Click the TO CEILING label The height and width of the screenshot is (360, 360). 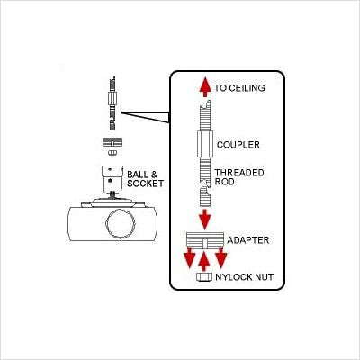[x=239, y=88]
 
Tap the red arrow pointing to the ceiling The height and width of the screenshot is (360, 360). [x=205, y=87]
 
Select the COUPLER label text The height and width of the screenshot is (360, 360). [x=238, y=145]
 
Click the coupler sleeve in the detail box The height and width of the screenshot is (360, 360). [x=205, y=144]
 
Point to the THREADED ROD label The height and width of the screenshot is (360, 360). [x=239, y=177]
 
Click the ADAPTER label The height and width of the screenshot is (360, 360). [x=248, y=240]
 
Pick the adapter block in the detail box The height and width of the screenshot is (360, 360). [x=205, y=240]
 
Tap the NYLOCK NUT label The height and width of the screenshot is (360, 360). [x=244, y=277]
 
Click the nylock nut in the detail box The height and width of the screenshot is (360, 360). [x=204, y=277]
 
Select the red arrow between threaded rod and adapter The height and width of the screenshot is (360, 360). [x=205, y=220]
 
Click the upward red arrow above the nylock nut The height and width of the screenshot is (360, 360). [x=204, y=261]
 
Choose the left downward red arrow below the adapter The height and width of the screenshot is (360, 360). [x=190, y=257]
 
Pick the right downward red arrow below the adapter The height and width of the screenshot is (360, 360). [x=221, y=257]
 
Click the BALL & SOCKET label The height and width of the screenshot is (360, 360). [x=145, y=179]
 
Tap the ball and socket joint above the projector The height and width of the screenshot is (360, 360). [x=112, y=180]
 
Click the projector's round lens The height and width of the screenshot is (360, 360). [x=121, y=224]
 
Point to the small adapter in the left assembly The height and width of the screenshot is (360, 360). [x=112, y=142]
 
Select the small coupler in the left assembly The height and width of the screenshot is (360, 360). [x=112, y=98]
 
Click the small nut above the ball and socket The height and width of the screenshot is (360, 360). [x=112, y=153]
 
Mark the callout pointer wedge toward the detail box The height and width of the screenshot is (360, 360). [x=146, y=117]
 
